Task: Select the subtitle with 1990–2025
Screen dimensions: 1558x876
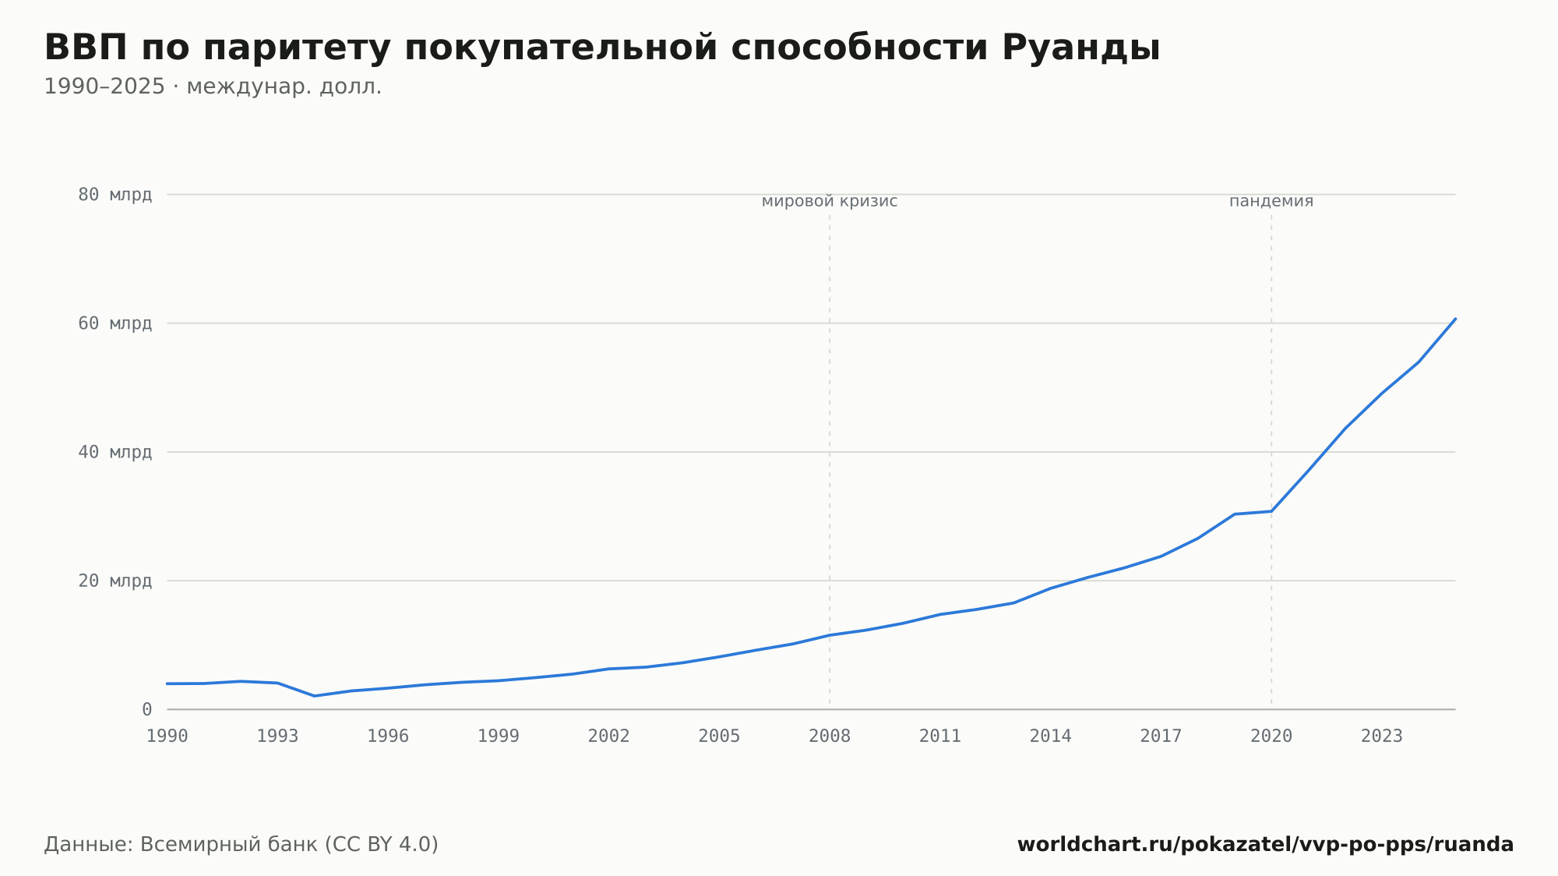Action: click(213, 87)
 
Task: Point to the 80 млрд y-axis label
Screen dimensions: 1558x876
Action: click(115, 195)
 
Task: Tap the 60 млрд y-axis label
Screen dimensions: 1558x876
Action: click(115, 323)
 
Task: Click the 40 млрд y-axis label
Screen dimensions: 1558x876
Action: click(115, 452)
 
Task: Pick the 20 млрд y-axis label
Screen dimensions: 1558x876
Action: click(115, 581)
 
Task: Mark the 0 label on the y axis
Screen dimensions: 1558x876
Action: click(146, 709)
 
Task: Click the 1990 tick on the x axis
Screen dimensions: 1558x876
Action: click(167, 736)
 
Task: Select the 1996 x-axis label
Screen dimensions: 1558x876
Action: click(388, 736)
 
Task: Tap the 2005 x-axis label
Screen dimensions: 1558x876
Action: click(719, 736)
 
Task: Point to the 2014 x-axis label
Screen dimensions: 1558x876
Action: click(1050, 736)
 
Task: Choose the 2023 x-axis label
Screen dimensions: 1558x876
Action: click(1381, 736)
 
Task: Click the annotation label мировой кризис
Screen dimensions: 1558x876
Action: click(830, 202)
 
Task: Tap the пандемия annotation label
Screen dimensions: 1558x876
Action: click(1271, 202)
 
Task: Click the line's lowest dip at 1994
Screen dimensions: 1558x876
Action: click(314, 696)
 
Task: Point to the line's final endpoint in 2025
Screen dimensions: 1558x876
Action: click(1455, 319)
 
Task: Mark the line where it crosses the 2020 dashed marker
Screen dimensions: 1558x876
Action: click(1271, 511)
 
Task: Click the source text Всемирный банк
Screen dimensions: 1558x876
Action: click(228, 845)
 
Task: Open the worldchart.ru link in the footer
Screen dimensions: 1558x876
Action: click(1265, 845)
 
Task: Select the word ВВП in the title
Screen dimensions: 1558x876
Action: click(86, 48)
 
